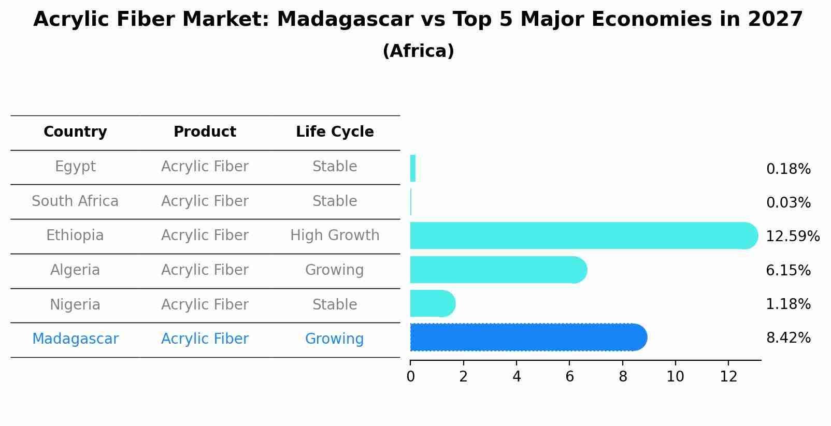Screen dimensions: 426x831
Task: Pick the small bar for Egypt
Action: pos(413,168)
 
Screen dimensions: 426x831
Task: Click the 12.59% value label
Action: pos(792,237)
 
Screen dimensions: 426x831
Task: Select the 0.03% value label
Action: pos(788,203)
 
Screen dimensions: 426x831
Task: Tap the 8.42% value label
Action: pos(788,338)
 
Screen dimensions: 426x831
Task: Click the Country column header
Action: pos(75,132)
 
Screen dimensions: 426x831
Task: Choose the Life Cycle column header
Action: pos(335,132)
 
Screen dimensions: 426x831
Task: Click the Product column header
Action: pos(205,132)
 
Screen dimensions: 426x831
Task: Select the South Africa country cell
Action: pos(75,201)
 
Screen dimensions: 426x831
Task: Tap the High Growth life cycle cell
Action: pos(335,236)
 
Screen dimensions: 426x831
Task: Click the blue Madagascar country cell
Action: pos(75,339)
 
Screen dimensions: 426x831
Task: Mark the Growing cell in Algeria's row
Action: pos(334,270)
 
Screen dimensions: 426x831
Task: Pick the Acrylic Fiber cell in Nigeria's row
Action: pos(205,305)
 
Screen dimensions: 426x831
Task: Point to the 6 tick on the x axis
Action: pos(569,377)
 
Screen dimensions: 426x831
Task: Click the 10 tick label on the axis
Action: pos(675,377)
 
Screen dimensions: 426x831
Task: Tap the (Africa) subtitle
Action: pos(418,51)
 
